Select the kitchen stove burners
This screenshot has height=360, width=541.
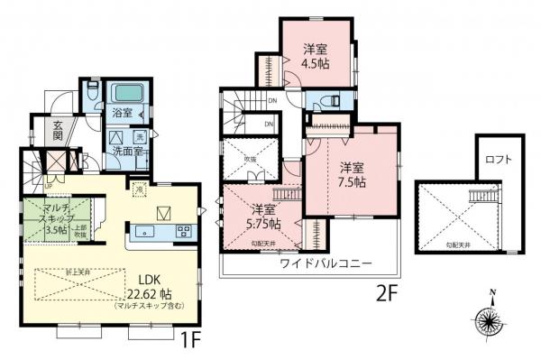[x=184, y=231]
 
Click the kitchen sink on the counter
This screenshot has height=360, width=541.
[x=144, y=231]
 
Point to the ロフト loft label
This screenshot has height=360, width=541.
[x=497, y=161]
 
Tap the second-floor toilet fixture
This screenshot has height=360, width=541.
[x=330, y=101]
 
